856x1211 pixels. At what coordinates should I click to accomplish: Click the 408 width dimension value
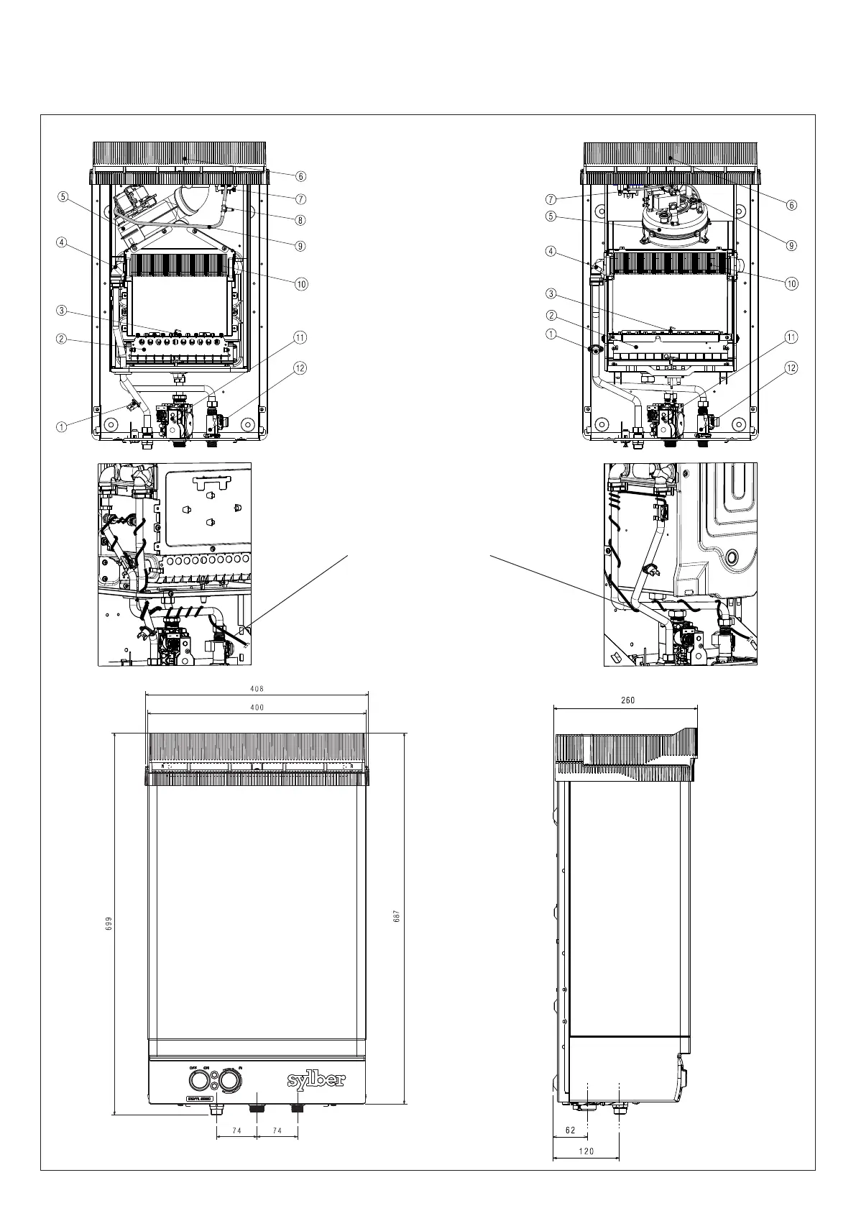(257, 688)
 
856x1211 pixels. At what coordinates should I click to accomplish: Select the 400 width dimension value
(257, 708)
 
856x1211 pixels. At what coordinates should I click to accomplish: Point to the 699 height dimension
(108, 923)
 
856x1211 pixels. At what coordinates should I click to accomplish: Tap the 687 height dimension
(396, 917)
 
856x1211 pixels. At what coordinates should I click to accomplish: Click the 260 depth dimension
(627, 700)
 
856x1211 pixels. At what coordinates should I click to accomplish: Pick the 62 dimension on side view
(571, 1130)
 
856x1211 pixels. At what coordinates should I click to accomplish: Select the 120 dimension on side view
(586, 1151)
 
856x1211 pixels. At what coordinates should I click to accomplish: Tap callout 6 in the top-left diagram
(300, 176)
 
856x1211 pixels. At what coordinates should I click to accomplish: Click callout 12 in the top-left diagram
(300, 368)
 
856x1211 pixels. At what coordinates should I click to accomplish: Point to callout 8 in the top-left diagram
(300, 220)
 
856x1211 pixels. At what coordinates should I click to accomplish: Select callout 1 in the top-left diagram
(62, 426)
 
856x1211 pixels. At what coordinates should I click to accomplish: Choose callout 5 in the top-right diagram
(551, 216)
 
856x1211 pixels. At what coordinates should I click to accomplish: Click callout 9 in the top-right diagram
(791, 245)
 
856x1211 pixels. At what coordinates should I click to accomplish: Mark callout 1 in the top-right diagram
(551, 334)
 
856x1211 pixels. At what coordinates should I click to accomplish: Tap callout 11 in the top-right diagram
(791, 337)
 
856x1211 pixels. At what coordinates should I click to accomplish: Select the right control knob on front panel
(229, 1080)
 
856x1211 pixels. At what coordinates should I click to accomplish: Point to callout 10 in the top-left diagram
(300, 283)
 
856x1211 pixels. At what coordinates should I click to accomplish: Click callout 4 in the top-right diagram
(551, 252)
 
